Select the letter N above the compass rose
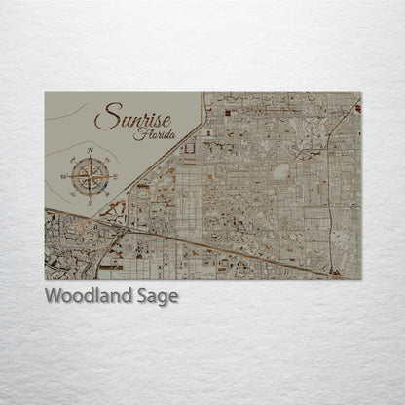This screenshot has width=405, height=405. pyautogui.click(x=90, y=150)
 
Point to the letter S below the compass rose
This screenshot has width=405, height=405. pyautogui.click(x=90, y=202)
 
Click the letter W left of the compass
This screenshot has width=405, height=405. pyautogui.click(x=63, y=176)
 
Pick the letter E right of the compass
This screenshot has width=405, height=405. pyautogui.click(x=116, y=176)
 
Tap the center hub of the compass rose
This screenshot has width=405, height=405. pyautogui.click(x=90, y=176)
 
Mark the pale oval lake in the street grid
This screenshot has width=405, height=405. pyautogui.click(x=281, y=172)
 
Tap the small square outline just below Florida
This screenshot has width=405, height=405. pyautogui.click(x=188, y=147)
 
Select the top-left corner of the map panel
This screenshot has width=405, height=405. pyautogui.click(x=45, y=92)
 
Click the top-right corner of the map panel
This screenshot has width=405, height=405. pyautogui.click(x=361, y=92)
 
